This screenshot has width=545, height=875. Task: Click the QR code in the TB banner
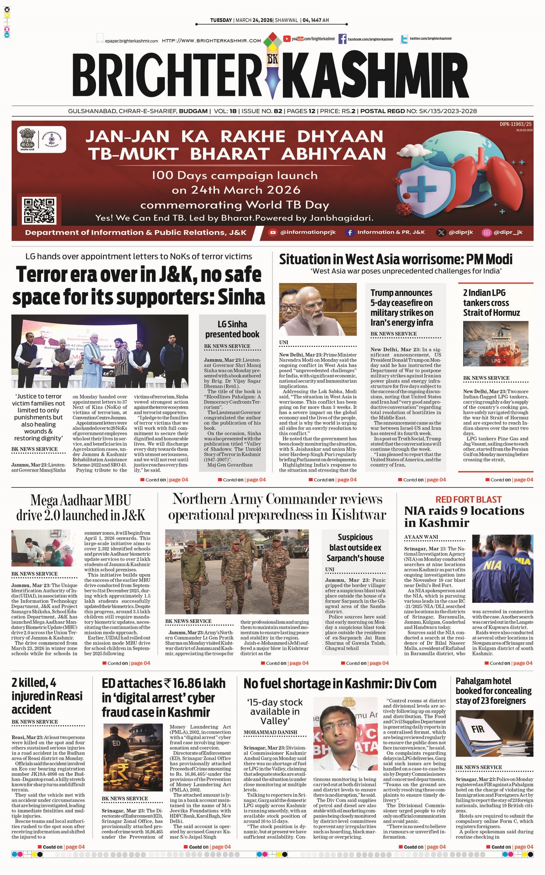pos(39,210)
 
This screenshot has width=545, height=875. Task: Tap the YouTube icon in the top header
pos(287,39)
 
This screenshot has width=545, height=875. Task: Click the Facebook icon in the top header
pos(342,39)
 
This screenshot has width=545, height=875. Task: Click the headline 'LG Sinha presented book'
pos(232,329)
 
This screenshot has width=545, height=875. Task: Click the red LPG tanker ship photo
pos(496,344)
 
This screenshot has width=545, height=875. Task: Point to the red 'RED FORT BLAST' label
pos(468,499)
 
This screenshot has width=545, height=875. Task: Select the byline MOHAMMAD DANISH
pos(270,732)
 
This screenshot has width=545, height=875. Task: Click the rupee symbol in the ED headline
pos(167,683)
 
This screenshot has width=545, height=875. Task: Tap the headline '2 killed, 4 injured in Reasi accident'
pos(47,696)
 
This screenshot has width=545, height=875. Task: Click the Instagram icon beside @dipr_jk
pos(486,232)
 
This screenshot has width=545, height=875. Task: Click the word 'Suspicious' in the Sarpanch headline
pos(355,537)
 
